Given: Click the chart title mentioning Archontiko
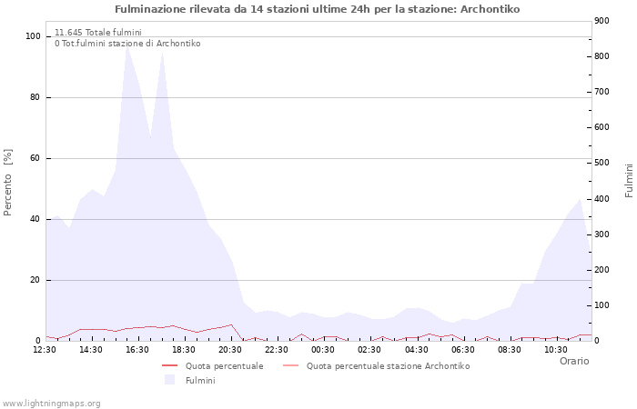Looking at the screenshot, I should click(x=318, y=9).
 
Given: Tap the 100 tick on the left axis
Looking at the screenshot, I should click(x=34, y=36).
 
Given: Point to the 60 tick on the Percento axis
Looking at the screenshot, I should click(x=35, y=158).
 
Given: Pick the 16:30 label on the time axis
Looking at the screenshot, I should click(x=137, y=349).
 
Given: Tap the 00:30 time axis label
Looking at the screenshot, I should click(x=323, y=349).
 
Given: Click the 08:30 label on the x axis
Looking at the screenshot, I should click(x=509, y=349).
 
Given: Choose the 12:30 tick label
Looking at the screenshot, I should click(x=45, y=349).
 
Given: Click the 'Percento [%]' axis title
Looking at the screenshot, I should click(x=9, y=182).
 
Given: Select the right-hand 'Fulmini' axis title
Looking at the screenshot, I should click(x=629, y=180).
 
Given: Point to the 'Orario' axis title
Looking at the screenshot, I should click(x=574, y=361).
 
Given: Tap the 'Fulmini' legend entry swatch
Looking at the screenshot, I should click(x=169, y=380).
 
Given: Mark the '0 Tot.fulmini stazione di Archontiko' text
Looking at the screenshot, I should click(x=127, y=44).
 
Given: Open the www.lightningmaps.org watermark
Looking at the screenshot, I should click(x=52, y=403).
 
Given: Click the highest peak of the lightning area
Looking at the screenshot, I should click(x=127, y=44).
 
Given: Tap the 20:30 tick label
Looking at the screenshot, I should click(x=230, y=349).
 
